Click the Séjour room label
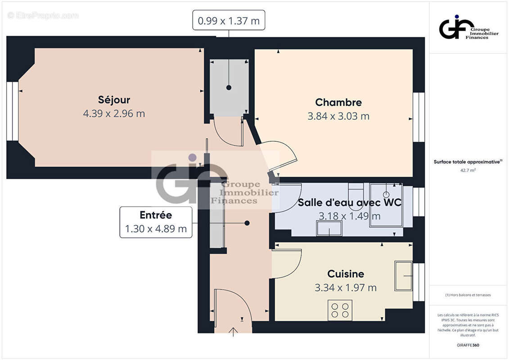point(114,100)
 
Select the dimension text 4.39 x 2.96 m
point(114,114)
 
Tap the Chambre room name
point(338,102)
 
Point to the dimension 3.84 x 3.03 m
point(338,116)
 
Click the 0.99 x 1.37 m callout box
point(229,20)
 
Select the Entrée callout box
point(156,222)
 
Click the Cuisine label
point(346,274)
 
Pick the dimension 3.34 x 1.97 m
point(346,288)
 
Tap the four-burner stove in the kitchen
point(340,310)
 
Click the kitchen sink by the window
point(403,275)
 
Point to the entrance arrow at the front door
point(233,332)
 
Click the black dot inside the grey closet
point(229,87)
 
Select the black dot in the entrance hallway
point(247,223)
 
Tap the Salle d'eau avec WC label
point(349,202)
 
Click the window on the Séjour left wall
point(13,111)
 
